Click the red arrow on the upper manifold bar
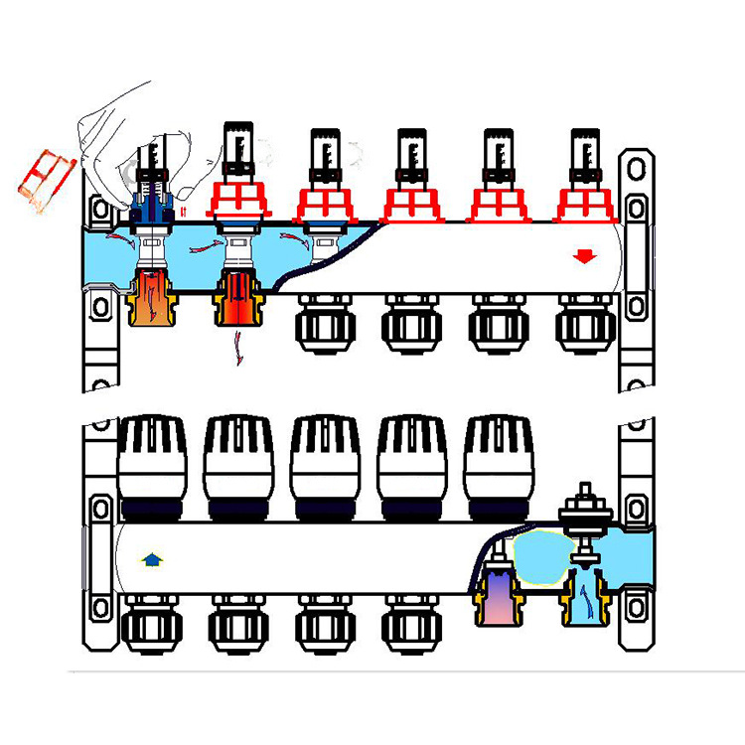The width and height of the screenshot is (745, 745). [584, 257]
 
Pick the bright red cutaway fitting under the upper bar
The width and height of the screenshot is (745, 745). [235, 299]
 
